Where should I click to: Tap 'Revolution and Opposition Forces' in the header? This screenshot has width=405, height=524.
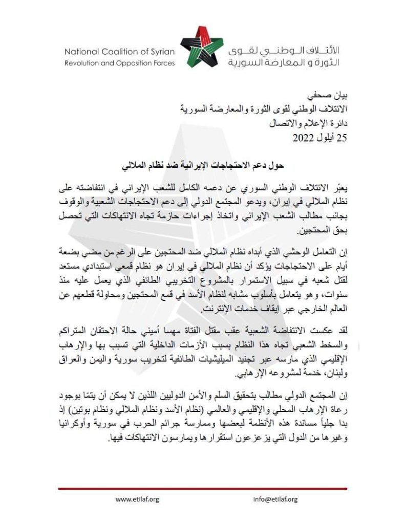(119, 63)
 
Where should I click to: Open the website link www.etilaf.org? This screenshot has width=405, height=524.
(138, 499)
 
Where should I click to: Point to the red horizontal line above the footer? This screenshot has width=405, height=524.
(202, 489)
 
